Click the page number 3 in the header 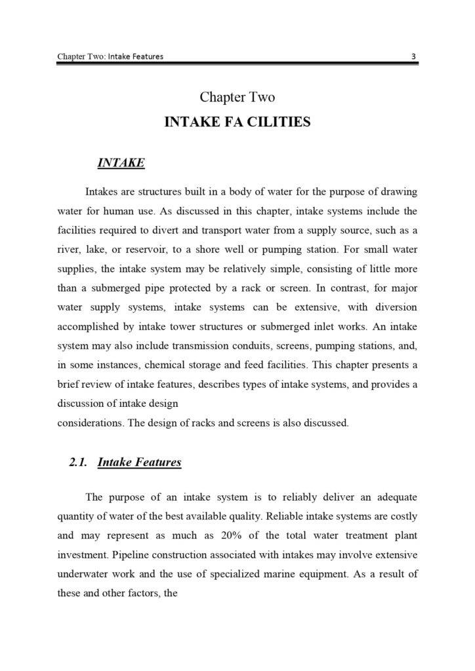pos(413,56)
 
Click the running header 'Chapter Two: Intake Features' pos(110,56)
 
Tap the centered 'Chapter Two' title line pos(237,98)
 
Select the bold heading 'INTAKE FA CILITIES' pos(237,122)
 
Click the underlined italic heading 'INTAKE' pos(121,163)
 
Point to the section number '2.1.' pos(79,463)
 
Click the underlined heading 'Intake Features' pos(139,463)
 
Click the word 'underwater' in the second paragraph pos(82,573)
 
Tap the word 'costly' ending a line pos(402,516)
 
